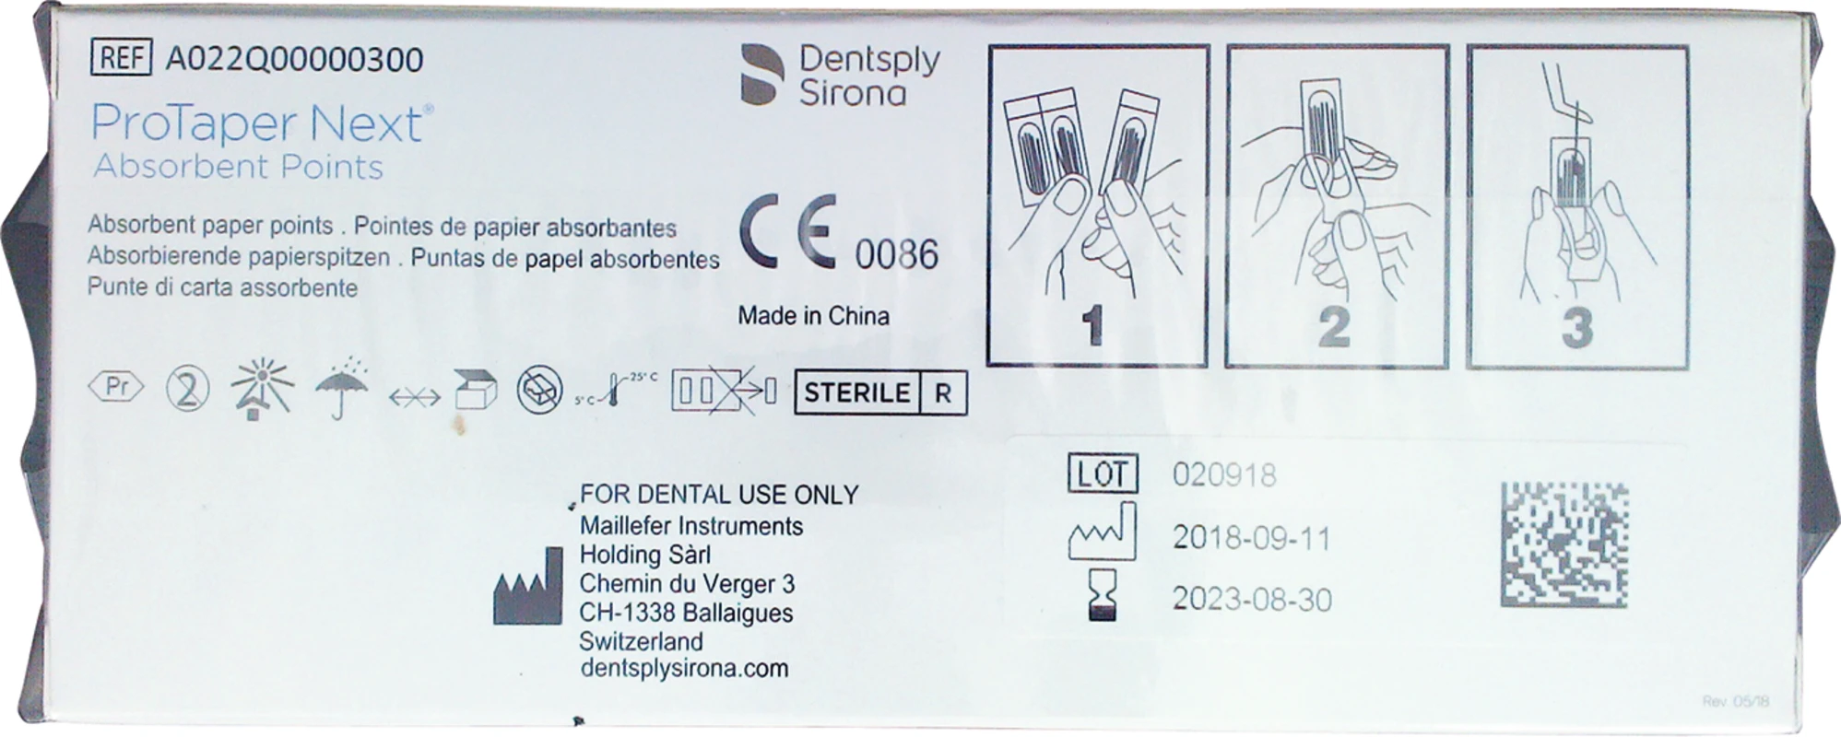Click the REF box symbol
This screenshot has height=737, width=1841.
coord(121,58)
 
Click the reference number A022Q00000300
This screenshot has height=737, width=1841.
coord(294,60)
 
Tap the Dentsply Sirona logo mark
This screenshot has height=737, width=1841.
coord(761,74)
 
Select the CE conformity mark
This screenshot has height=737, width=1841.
coord(789,232)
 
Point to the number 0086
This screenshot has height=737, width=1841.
coord(896,254)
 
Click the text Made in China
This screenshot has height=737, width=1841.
coord(813,316)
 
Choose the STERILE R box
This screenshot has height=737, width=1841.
coord(879,393)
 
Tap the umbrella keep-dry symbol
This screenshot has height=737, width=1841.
coord(341,390)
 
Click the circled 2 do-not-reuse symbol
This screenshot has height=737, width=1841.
coord(187,390)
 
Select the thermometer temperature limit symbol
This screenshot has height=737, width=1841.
coord(616,391)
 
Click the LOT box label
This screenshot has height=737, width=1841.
coord(1103,474)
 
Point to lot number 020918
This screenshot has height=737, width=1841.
coord(1224,475)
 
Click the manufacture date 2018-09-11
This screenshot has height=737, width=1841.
coord(1251,538)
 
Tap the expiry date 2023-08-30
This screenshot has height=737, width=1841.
coord(1251,600)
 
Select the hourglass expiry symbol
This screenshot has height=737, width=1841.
coord(1103,594)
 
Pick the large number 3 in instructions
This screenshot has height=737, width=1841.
coord(1576,329)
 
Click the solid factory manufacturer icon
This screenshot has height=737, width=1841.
coord(527,590)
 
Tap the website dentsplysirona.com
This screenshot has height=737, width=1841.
coord(684,669)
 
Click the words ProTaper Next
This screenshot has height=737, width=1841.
coord(256,124)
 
